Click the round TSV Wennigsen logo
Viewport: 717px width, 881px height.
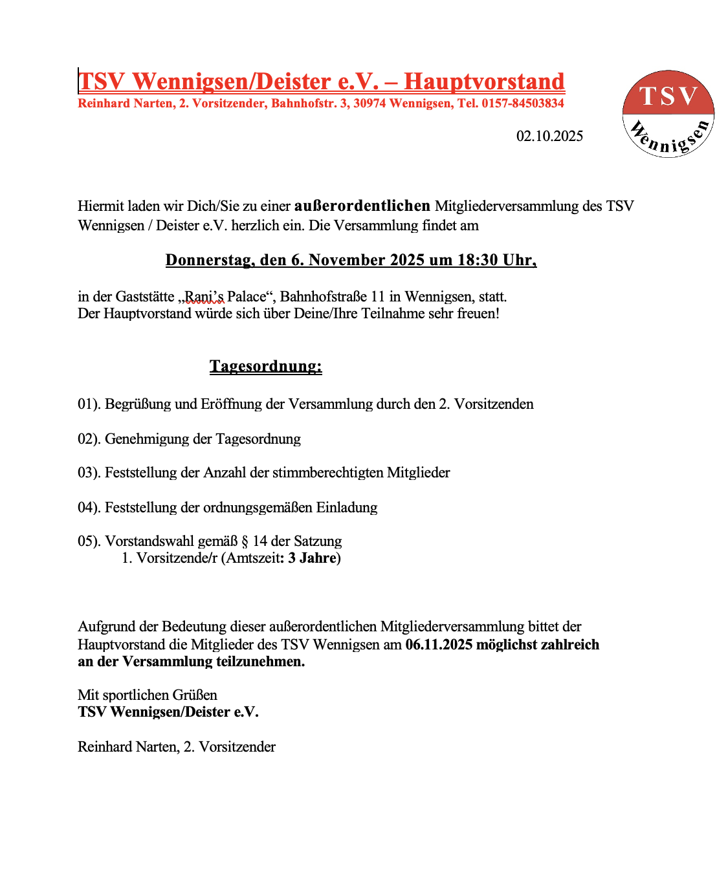click(668, 113)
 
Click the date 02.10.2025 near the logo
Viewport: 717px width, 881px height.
click(549, 136)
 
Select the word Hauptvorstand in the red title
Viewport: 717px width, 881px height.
click(484, 82)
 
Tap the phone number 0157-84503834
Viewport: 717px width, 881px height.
click(522, 103)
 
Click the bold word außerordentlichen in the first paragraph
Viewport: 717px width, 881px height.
click(362, 206)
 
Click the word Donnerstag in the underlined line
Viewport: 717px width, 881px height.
click(208, 260)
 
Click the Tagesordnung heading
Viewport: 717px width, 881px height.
click(265, 366)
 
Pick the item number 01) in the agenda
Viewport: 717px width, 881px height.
click(89, 404)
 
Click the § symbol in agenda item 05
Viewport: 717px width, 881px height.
click(245, 541)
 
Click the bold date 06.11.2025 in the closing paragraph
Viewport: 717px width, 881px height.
click(438, 644)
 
